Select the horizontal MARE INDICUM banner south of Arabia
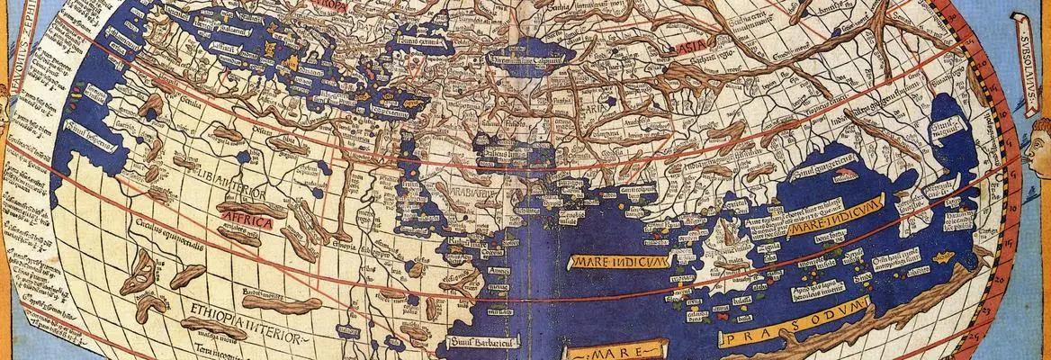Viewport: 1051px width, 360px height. point(620,261)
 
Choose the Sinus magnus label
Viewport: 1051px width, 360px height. point(948,135)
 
